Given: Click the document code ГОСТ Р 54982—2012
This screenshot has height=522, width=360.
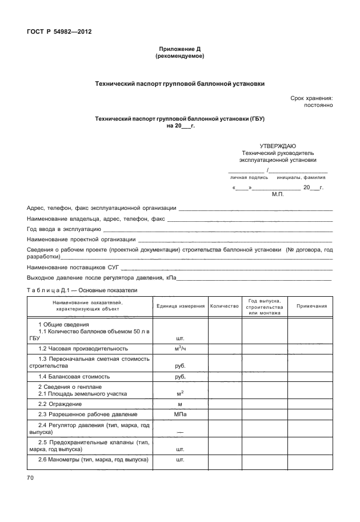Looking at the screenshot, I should coord(59,31).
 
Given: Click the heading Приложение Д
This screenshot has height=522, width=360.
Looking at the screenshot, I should coord(179,50).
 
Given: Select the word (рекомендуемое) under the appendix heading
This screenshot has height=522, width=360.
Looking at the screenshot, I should coord(179,57).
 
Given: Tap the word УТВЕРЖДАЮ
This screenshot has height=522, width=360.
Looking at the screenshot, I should coord(278,146).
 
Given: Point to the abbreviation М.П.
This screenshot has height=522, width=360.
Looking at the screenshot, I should coord(278,194).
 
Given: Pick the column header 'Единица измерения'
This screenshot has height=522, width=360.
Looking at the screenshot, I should coord(181,306).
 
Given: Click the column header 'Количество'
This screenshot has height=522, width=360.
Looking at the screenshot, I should coord(224,306).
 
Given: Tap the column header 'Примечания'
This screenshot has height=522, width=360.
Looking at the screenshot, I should coord(311,306).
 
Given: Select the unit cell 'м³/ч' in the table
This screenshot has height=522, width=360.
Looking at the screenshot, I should coord(181,348).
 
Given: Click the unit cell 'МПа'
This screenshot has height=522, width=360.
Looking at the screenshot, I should coord(181,414).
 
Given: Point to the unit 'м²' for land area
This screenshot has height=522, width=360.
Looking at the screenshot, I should coord(181,393).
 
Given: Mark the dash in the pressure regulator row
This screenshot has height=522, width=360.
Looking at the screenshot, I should coord(181,432).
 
